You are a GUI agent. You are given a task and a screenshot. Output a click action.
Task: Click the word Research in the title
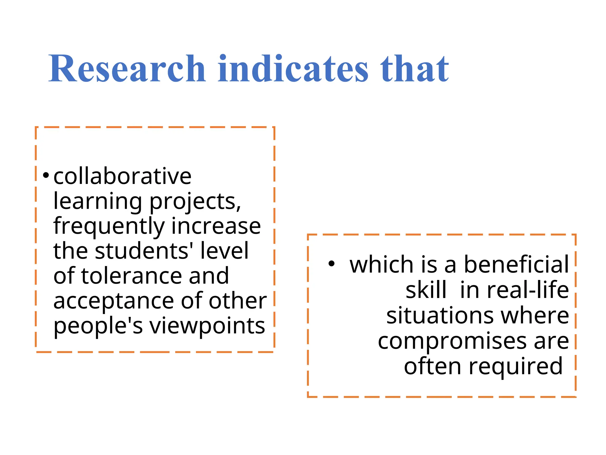(127, 69)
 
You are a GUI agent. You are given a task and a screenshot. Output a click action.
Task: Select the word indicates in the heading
(293, 69)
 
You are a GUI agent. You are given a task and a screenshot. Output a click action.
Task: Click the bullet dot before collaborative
(46, 175)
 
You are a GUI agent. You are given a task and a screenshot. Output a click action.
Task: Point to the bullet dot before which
(331, 263)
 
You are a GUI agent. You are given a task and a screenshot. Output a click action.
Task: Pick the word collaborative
(123, 177)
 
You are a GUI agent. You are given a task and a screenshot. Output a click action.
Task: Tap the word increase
(216, 226)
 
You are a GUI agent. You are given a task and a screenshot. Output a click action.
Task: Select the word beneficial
(516, 264)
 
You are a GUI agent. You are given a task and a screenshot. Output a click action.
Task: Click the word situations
(440, 316)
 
